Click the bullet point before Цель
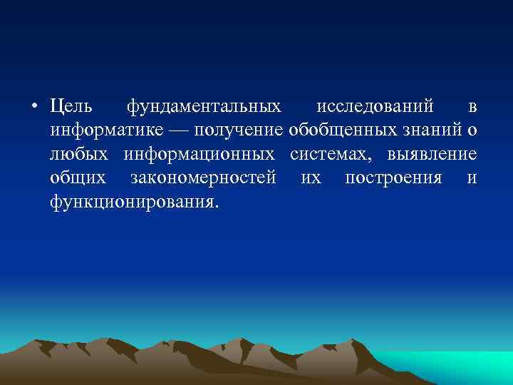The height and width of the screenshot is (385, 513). [35, 108]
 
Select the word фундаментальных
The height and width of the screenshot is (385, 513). [203, 108]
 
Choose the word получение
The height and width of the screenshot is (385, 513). [234, 131]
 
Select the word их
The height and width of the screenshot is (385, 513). [311, 178]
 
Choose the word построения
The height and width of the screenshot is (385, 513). [393, 178]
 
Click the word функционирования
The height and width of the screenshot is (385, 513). [132, 202]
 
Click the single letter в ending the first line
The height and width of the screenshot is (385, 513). [472, 108]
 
